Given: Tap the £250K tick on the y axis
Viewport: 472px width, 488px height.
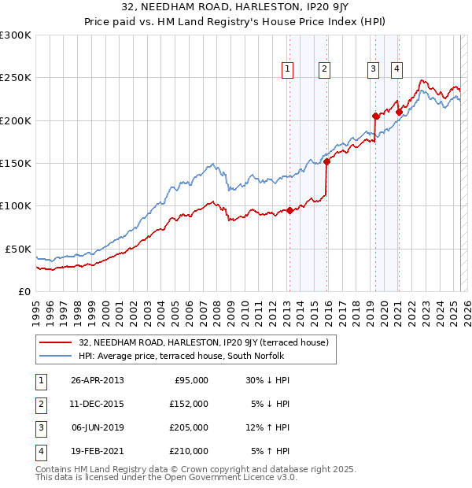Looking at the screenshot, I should point(15,78).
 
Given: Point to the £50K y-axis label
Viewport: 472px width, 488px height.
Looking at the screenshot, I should point(18,249).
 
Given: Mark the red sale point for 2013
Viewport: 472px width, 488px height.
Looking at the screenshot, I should point(289,210).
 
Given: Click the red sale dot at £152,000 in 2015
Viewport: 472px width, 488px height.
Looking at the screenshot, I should point(326,162).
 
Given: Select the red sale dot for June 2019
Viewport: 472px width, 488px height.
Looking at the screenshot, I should point(375,116).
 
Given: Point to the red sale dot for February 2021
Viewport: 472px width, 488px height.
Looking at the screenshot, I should point(399,113).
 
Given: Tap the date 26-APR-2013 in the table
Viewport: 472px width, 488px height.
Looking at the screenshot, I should point(98,380).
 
